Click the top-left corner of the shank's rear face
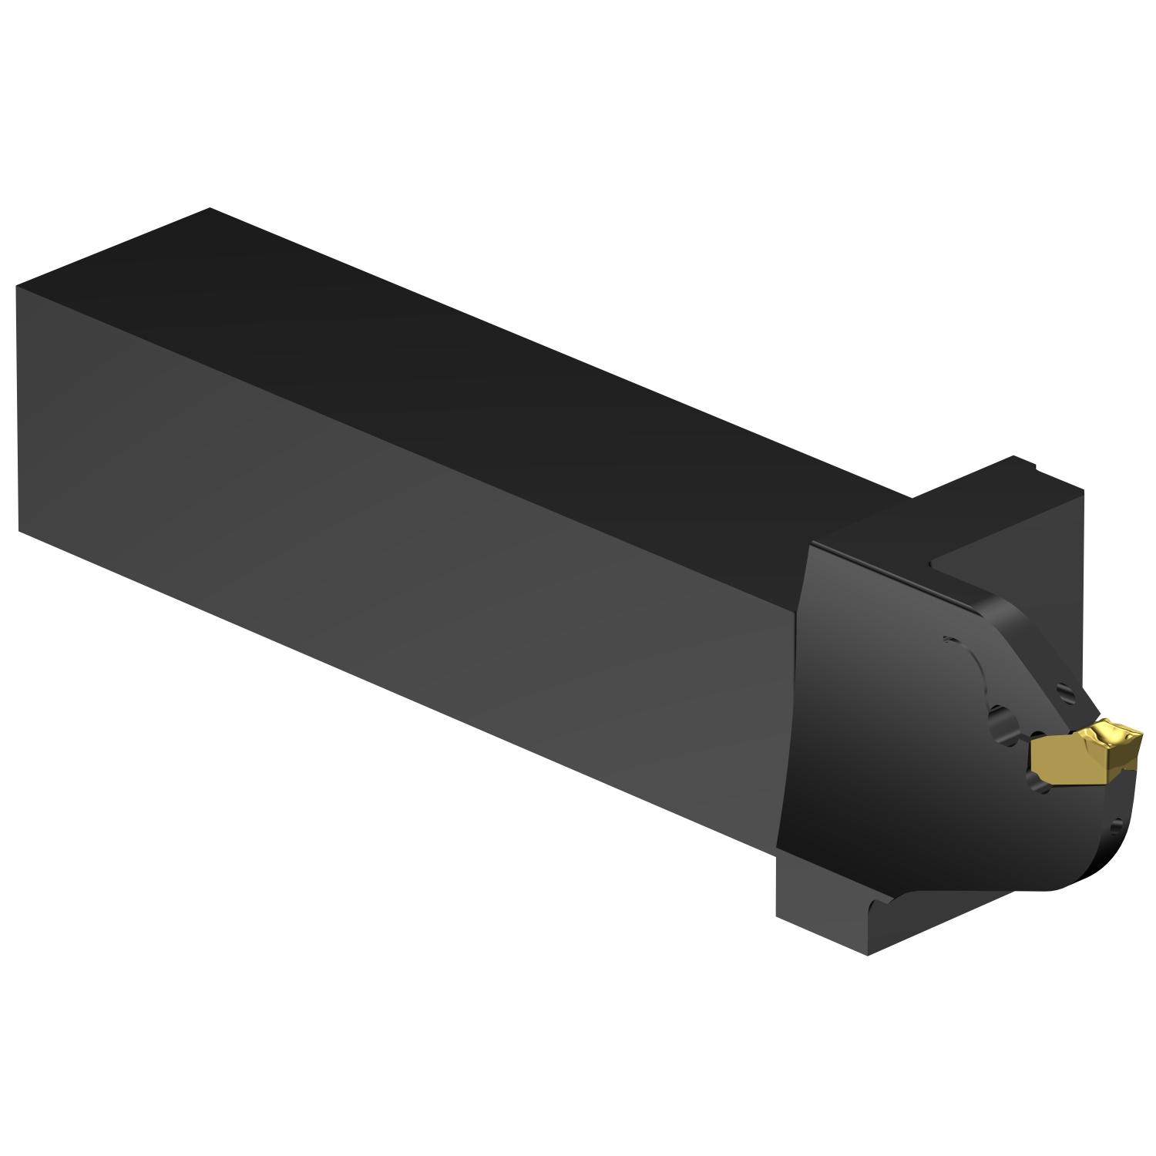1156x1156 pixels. [x=18, y=287]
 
